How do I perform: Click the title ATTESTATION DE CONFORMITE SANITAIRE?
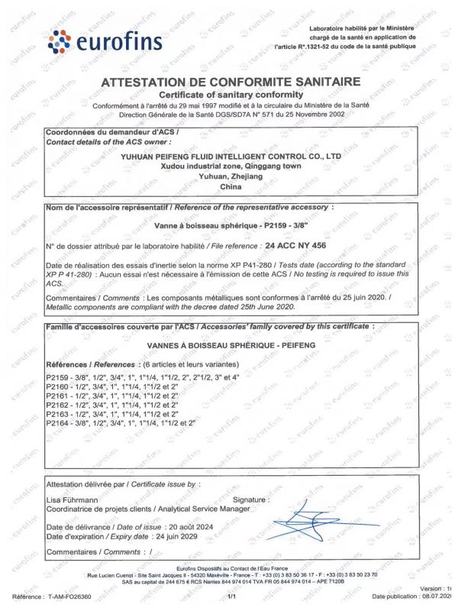pyautogui.click(x=230, y=82)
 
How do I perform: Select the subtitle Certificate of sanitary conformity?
pyautogui.click(x=230, y=94)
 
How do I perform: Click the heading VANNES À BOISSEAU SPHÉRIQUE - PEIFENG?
pyautogui.click(x=230, y=345)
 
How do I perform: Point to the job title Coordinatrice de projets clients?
pyautogui.click(x=99, y=509)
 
